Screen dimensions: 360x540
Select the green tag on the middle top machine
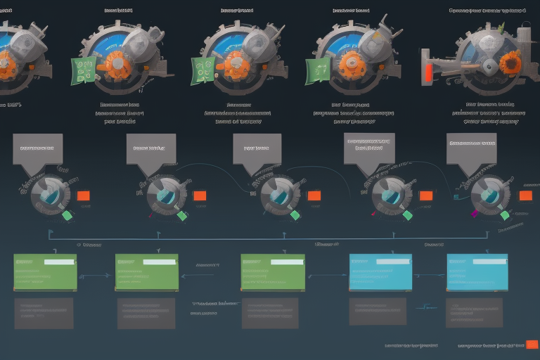pos(204,70)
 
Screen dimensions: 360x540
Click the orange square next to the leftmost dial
pos(84,195)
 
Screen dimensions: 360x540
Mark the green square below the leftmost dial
pos(67,216)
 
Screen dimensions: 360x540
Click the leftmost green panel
pos(44,272)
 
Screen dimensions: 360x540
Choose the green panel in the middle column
pos(272,272)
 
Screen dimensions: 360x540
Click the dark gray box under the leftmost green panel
pos(44,313)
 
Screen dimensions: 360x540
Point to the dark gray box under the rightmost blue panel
pos(474,313)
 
